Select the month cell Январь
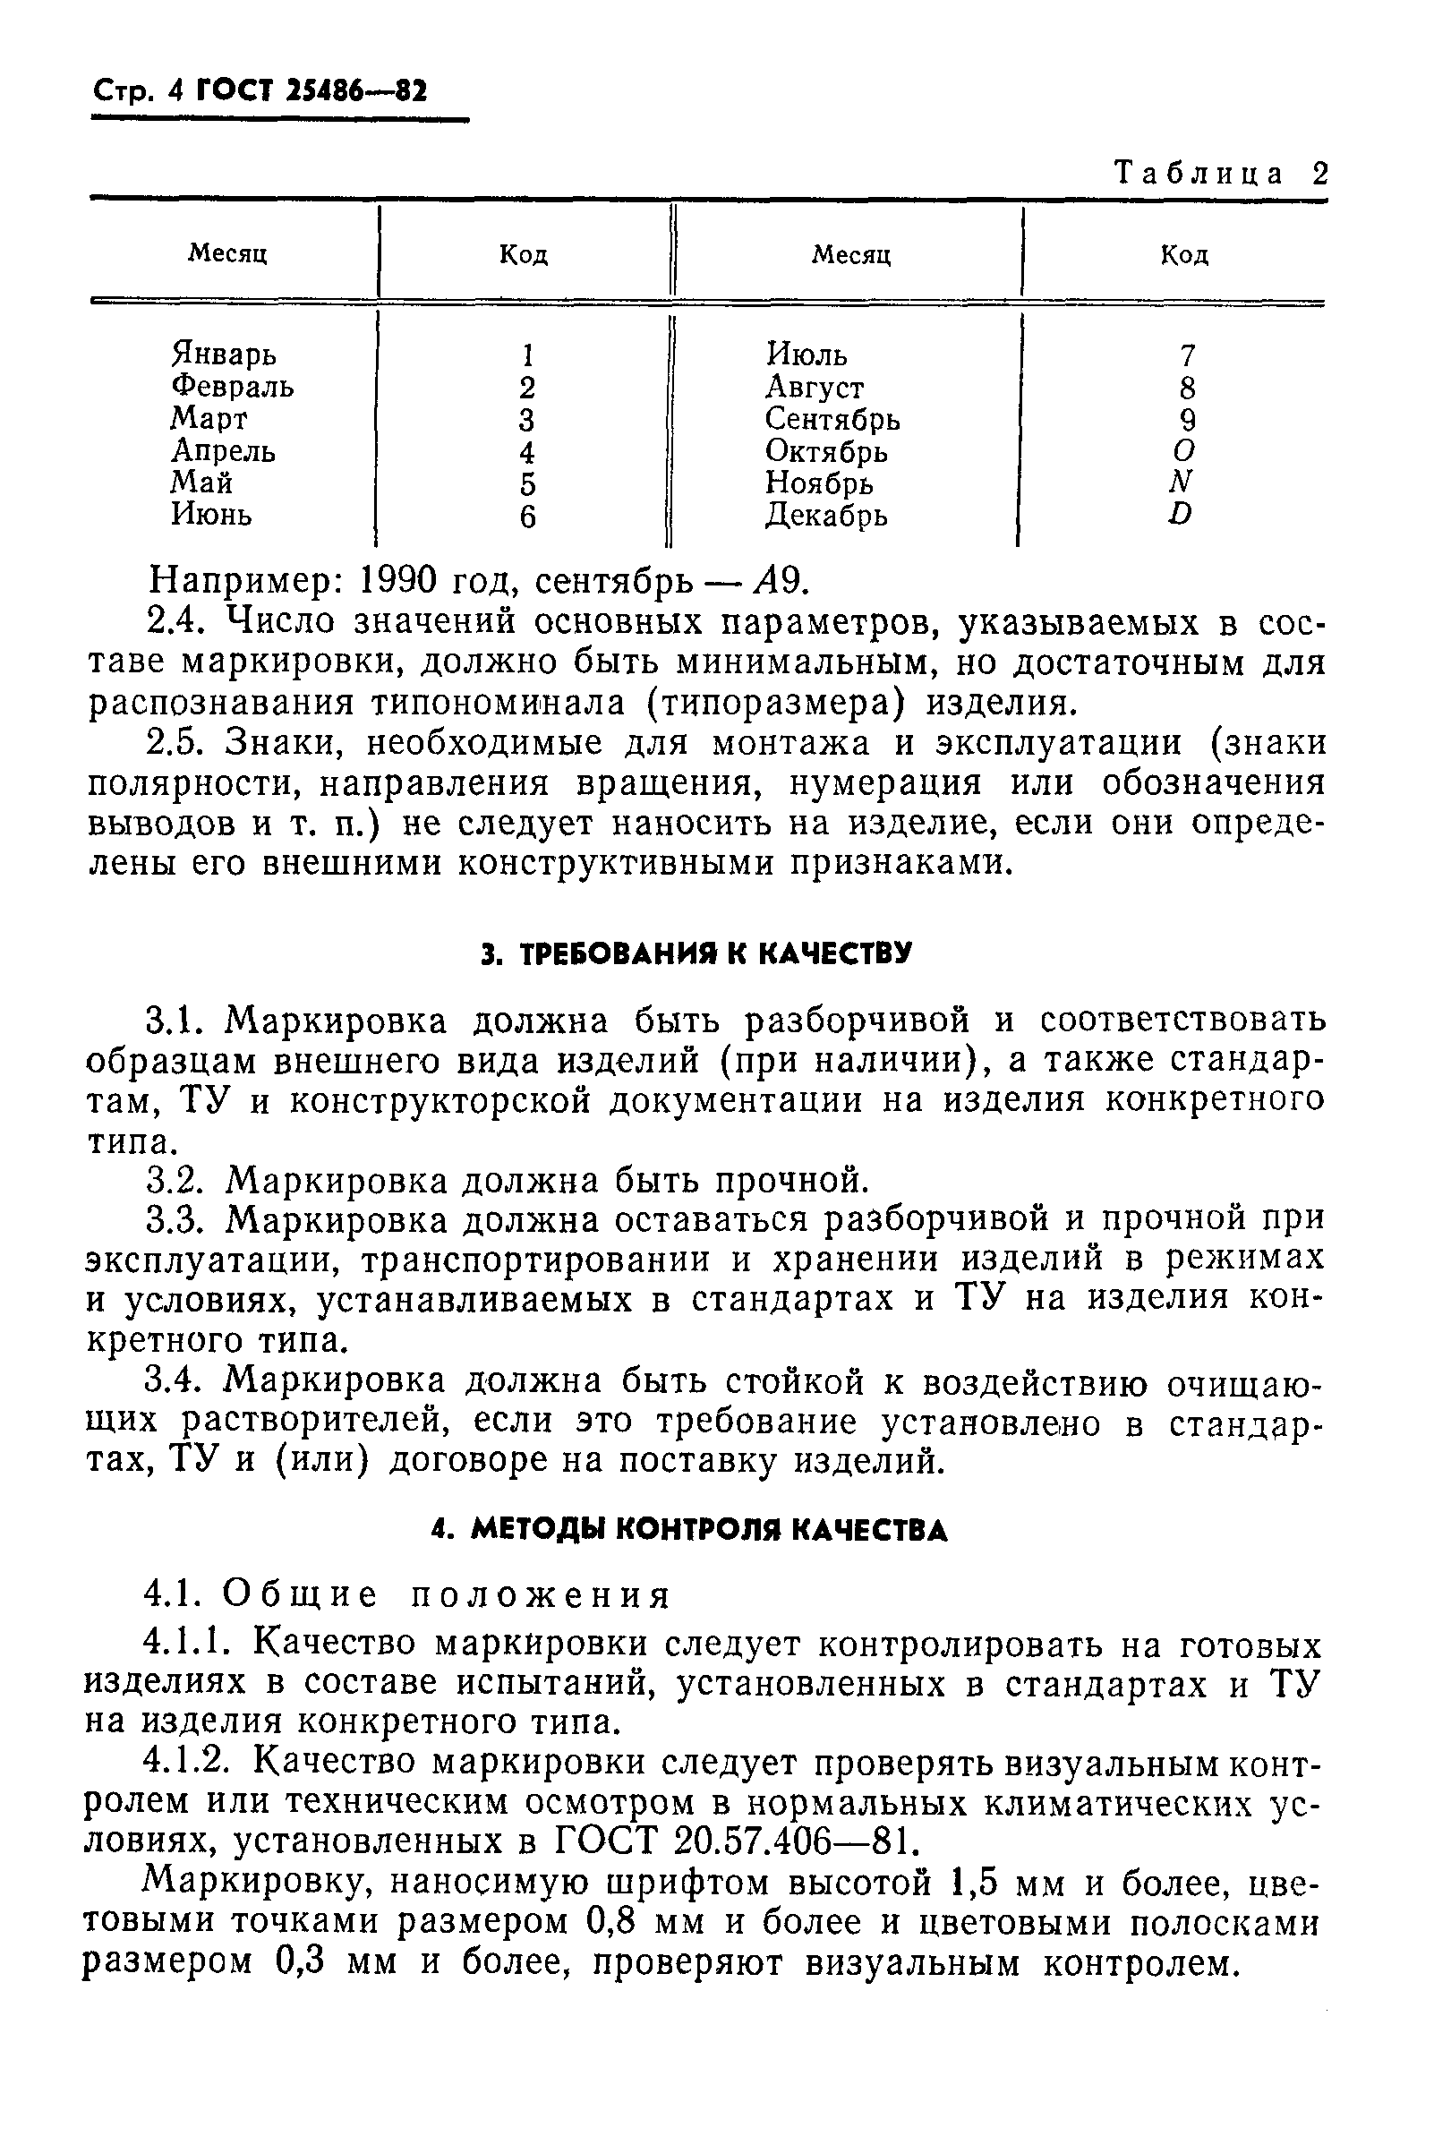pyautogui.click(x=223, y=354)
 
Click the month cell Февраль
pyautogui.click(x=233, y=386)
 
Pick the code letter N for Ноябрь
pyautogui.click(x=1182, y=482)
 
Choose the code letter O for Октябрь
pyautogui.click(x=1184, y=450)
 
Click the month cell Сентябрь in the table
pyautogui.click(x=832, y=419)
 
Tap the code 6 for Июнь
pyautogui.click(x=526, y=517)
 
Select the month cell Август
pyautogui.click(x=815, y=387)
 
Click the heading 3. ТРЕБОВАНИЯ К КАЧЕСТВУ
pyautogui.click(x=696, y=953)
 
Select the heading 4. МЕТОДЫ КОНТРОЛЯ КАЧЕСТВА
pyautogui.click(x=689, y=1530)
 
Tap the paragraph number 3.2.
pyautogui.click(x=179, y=1180)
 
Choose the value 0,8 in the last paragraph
pyautogui.click(x=619, y=1923)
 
